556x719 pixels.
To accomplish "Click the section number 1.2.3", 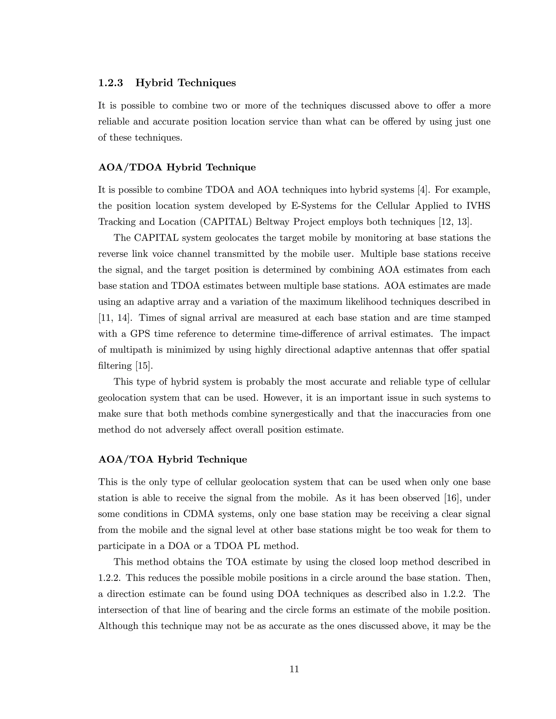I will [111, 83].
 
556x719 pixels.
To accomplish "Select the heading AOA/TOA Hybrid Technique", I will [173, 459].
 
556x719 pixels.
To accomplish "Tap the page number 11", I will [294, 669].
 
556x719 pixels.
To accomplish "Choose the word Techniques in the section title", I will [207, 83].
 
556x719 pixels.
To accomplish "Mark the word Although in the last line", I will [118, 626].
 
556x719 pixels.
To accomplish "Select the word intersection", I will [122, 610].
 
